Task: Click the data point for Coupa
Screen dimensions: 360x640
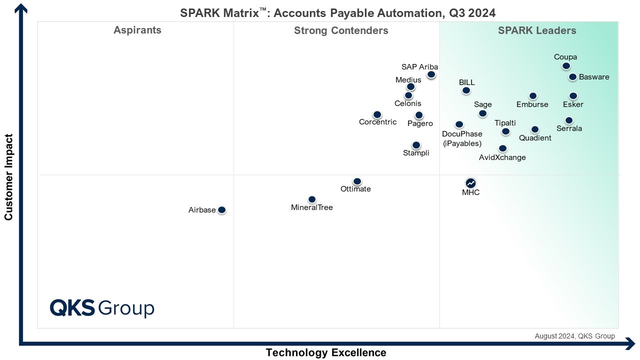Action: [x=566, y=66]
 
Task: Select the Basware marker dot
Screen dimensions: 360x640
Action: [x=572, y=77]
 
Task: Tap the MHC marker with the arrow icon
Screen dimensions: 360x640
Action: [x=470, y=183]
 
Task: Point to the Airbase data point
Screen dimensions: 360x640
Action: [x=222, y=210]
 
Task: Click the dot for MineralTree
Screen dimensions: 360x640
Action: [x=312, y=199]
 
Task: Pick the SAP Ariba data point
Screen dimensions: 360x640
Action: [x=431, y=75]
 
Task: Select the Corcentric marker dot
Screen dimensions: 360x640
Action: [x=377, y=115]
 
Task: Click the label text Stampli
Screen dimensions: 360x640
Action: [x=416, y=153]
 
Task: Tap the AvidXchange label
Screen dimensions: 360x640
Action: [x=502, y=157]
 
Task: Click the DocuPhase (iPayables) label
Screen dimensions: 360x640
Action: [x=462, y=138]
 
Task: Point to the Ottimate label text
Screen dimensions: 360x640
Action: [x=355, y=189]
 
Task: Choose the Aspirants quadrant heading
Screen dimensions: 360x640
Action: [x=137, y=30]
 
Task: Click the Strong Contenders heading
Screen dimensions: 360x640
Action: [x=341, y=31]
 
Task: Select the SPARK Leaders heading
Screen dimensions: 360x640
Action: [x=537, y=31]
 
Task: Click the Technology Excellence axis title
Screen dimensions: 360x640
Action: [x=326, y=352]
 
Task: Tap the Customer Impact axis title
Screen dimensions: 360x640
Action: [x=8, y=176]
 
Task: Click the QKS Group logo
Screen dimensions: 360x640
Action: [x=102, y=308]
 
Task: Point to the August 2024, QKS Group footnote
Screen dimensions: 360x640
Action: [x=574, y=336]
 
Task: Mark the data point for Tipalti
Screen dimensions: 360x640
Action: [x=505, y=131]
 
